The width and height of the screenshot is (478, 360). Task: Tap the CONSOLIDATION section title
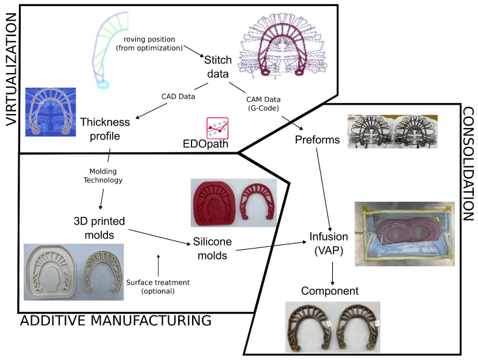click(468, 164)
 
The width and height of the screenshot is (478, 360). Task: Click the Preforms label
click(316, 139)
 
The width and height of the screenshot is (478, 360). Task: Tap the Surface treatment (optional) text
click(159, 287)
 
